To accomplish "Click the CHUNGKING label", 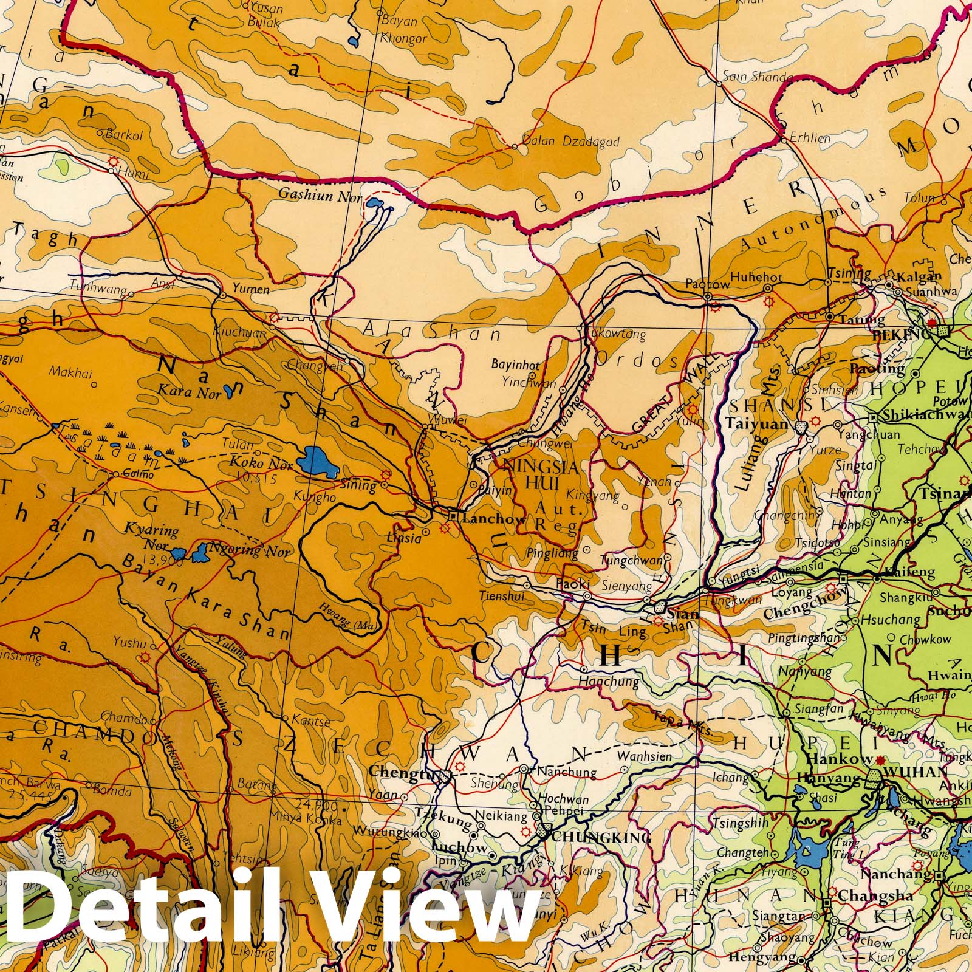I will point(601,838).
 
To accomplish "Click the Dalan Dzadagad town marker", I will point(515,146).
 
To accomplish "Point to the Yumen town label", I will point(250,289).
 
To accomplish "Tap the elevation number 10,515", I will point(258,479).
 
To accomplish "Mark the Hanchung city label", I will point(609,682).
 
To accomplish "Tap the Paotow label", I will point(707,284).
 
